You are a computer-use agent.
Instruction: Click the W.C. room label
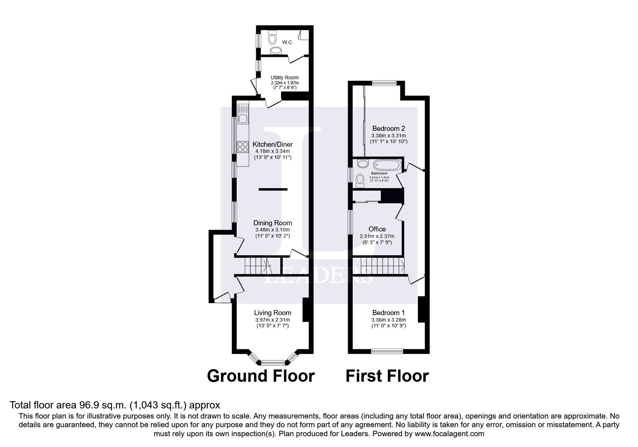pyautogui.click(x=287, y=42)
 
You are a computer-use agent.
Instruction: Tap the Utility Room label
pyautogui.click(x=285, y=78)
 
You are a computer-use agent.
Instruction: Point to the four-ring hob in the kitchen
pyautogui.click(x=242, y=147)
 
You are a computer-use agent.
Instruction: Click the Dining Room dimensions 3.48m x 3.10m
pyautogui.click(x=272, y=230)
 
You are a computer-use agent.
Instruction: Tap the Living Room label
pyautogui.click(x=272, y=313)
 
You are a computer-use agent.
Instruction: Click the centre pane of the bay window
pyautogui.click(x=272, y=362)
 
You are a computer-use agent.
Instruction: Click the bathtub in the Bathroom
pyautogui.click(x=387, y=165)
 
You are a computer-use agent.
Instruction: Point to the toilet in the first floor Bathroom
pyautogui.click(x=360, y=180)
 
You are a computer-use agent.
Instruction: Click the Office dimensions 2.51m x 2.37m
pyautogui.click(x=377, y=236)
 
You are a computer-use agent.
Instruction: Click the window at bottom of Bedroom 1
pyautogui.click(x=387, y=351)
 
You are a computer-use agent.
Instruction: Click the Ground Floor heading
pyautogui.click(x=261, y=376)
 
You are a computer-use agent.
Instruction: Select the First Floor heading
pyautogui.click(x=387, y=376)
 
